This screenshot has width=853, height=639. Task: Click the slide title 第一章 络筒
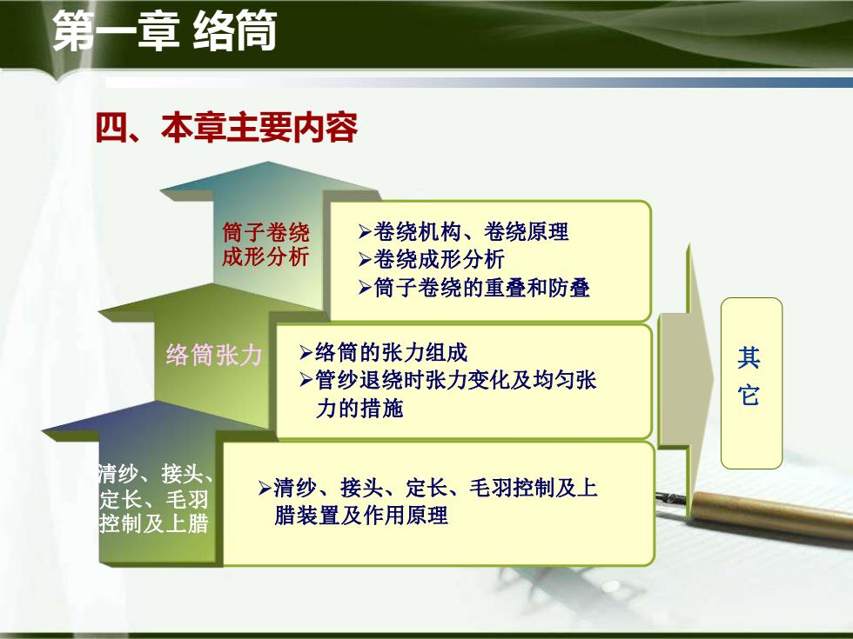tap(165, 31)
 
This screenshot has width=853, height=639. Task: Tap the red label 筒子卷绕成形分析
tap(265, 244)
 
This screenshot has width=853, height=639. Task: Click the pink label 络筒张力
tap(214, 355)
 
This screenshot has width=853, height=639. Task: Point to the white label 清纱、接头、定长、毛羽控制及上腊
tap(155, 499)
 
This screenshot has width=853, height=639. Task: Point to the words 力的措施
tap(359, 408)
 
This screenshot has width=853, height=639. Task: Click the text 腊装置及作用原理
tap(361, 515)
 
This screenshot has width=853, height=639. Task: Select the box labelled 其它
tap(751, 383)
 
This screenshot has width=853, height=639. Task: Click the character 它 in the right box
tap(749, 395)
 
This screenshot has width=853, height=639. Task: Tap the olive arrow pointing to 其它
tap(686, 380)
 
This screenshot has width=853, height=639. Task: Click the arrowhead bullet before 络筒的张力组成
tap(306, 353)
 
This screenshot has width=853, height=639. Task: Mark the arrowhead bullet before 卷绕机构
tap(365, 233)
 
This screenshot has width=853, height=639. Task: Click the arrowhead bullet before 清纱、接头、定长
tap(265, 488)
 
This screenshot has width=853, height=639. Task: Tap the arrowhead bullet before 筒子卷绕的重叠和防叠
tap(365, 288)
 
